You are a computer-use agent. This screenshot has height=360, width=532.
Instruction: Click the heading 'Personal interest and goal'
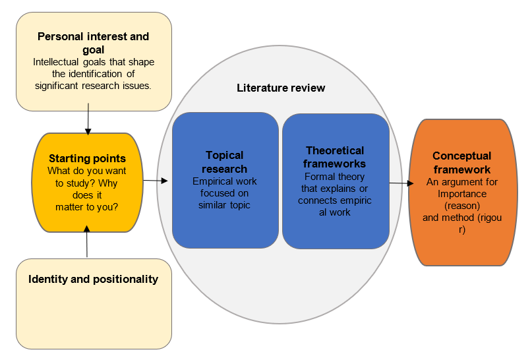click(93, 43)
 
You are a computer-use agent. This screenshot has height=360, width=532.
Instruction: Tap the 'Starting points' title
click(87, 159)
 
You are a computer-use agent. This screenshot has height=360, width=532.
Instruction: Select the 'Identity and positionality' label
click(93, 279)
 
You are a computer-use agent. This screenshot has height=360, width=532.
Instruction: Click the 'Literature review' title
click(281, 88)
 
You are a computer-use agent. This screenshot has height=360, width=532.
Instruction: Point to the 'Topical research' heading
click(225, 162)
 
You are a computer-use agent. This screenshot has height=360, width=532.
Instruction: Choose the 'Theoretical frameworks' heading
click(335, 157)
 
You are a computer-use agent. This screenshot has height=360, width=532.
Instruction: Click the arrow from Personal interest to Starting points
click(87, 121)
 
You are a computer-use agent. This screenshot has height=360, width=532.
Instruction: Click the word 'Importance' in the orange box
click(461, 194)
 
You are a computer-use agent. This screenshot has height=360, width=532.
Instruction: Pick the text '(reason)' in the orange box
click(461, 205)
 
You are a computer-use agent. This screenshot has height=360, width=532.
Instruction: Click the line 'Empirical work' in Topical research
click(225, 181)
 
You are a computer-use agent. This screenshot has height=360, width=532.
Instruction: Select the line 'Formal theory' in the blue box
click(334, 177)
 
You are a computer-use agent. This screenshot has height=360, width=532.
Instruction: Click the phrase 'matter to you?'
click(87, 207)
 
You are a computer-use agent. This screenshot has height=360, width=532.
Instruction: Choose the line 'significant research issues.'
click(93, 86)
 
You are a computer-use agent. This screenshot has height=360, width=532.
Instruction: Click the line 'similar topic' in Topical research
click(225, 205)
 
